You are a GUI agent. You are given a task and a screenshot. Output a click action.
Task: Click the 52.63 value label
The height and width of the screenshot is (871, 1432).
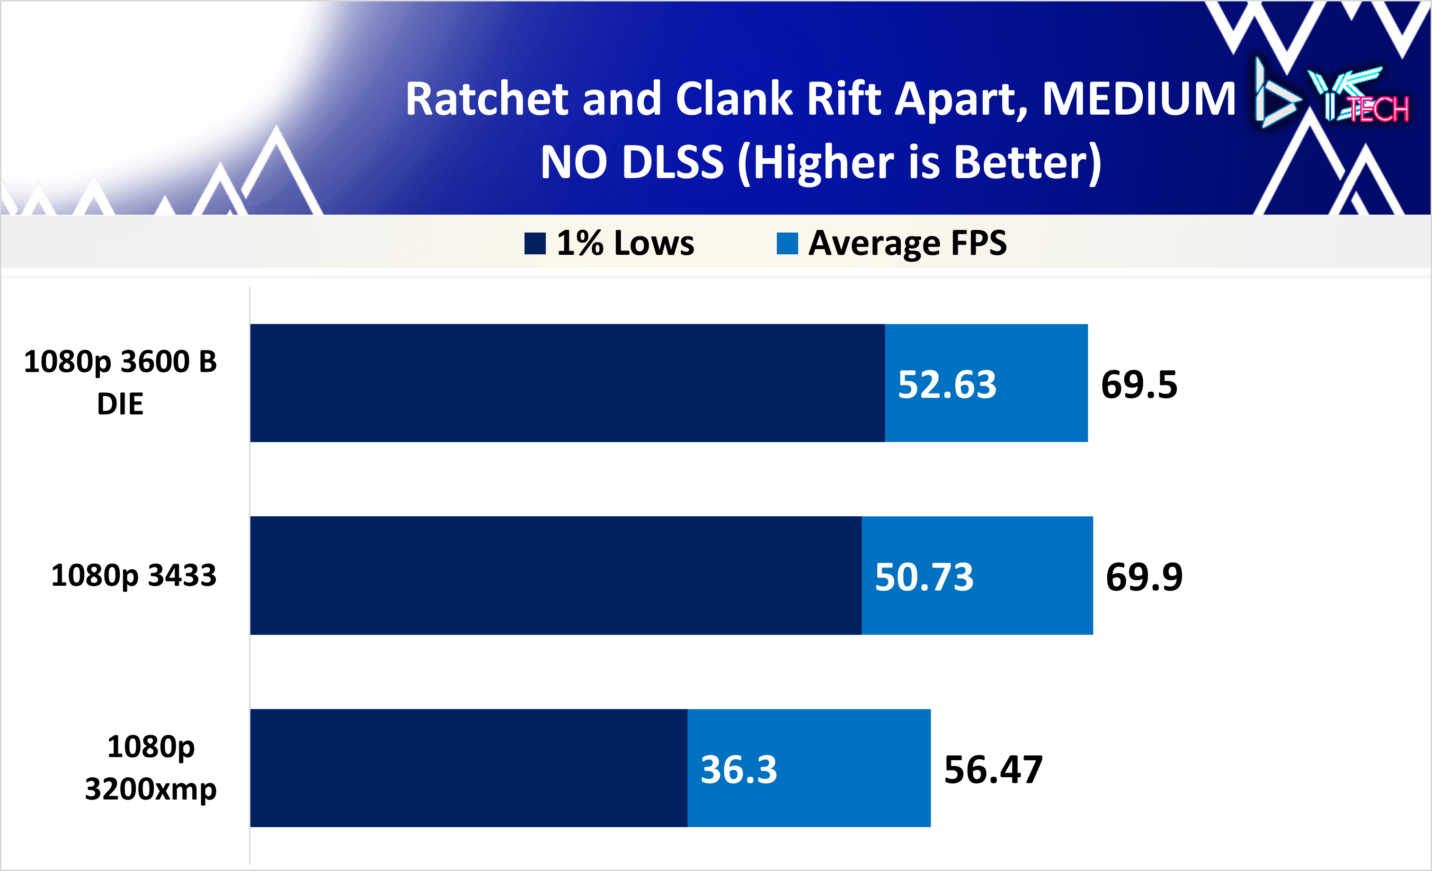(x=947, y=385)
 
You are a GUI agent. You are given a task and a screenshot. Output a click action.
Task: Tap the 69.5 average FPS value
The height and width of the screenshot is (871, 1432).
(x=1138, y=385)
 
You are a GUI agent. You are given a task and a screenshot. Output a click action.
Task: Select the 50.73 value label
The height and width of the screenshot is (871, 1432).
(x=924, y=577)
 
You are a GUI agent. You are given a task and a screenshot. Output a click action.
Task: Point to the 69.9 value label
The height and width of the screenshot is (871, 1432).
(x=1144, y=577)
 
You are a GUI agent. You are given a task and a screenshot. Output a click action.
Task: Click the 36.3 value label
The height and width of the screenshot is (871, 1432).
(x=738, y=770)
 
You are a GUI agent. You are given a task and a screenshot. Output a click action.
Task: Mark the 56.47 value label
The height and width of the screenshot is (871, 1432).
(x=993, y=770)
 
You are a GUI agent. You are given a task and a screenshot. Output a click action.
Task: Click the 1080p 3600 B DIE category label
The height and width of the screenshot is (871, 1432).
(x=120, y=383)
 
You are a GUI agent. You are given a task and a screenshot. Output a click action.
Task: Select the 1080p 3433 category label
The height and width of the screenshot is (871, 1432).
(x=133, y=575)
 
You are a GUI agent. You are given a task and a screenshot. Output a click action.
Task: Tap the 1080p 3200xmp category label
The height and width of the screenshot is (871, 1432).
(x=151, y=767)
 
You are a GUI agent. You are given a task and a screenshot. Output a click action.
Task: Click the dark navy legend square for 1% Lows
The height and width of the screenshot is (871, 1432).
(x=534, y=243)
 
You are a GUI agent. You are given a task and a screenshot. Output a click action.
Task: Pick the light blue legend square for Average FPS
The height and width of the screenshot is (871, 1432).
(x=787, y=243)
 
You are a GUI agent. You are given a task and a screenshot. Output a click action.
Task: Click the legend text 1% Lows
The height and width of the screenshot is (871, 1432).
(x=625, y=243)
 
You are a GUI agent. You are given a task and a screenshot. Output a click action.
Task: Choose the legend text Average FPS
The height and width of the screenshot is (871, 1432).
(x=907, y=243)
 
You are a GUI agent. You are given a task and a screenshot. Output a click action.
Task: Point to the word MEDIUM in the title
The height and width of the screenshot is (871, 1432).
(x=1138, y=99)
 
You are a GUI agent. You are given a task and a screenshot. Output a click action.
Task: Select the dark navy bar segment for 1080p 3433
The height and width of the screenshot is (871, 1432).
(x=556, y=575)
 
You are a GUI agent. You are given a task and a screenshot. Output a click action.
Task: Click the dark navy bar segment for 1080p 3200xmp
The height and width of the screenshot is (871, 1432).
(x=469, y=767)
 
